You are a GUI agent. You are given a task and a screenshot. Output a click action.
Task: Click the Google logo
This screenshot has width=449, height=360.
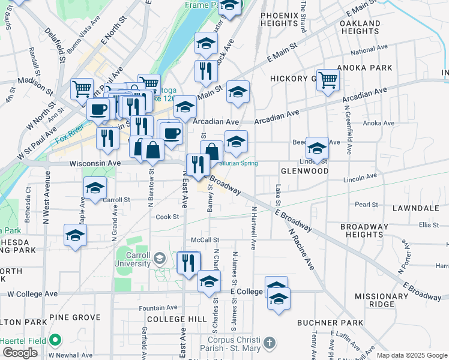20,353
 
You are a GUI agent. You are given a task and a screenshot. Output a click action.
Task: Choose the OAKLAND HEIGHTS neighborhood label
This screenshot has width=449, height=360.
360,27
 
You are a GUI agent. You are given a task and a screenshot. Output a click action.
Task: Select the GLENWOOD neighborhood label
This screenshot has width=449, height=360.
304,171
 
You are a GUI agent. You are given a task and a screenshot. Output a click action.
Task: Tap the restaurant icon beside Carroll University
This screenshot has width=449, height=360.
188,262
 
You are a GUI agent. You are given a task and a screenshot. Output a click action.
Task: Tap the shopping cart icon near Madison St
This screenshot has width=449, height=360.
82,89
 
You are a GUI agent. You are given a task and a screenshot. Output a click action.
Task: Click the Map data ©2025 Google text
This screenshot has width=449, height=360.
411,355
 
